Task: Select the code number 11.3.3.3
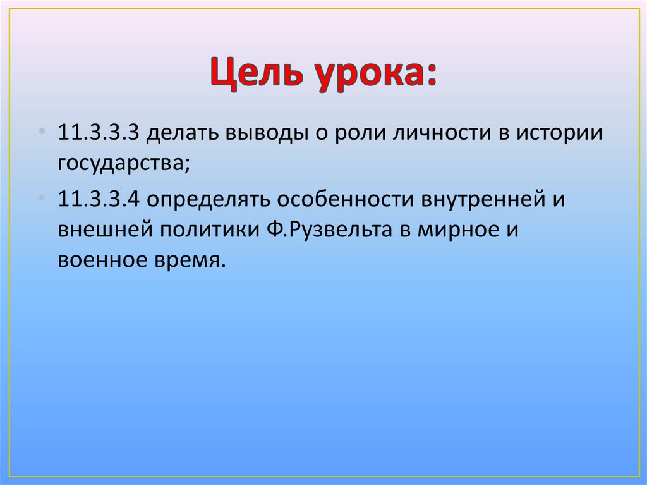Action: tap(101, 134)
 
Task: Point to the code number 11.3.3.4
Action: tap(101, 199)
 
